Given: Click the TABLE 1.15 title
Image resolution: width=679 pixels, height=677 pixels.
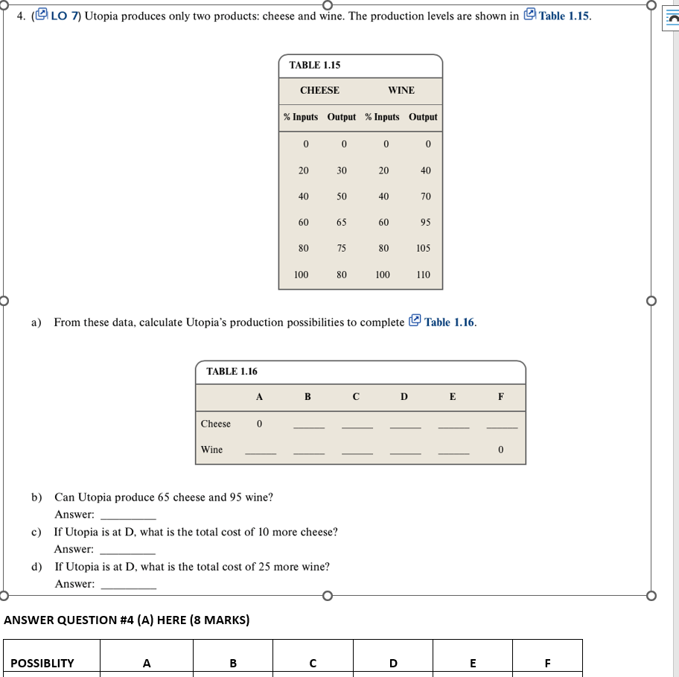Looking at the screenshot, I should point(314,66).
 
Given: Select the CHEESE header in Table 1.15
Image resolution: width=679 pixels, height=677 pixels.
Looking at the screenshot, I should point(319,90).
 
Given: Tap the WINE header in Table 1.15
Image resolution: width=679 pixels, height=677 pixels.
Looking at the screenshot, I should point(401,90).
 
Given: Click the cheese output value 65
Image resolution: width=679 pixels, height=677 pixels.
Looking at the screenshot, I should point(341,223).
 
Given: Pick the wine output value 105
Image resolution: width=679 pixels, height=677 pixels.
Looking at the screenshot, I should point(423,249).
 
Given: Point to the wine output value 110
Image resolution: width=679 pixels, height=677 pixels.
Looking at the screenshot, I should point(423,275).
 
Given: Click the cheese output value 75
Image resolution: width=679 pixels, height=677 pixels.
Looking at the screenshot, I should point(341,249).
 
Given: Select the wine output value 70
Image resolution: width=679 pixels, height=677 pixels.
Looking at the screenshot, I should point(425,197).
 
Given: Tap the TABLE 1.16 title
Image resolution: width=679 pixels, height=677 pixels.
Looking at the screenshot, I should point(232,372).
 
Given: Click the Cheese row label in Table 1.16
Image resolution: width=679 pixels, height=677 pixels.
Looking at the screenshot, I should point(216,424).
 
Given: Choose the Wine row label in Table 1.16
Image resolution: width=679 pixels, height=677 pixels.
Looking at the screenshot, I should point(212,450).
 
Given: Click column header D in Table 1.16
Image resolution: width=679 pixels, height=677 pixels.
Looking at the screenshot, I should point(404,397).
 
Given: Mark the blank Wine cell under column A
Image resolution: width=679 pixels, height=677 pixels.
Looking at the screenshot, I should point(260,452).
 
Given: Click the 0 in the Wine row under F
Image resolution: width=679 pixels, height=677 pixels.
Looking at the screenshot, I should point(501,450).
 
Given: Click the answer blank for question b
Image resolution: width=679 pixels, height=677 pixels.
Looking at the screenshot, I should point(127,516).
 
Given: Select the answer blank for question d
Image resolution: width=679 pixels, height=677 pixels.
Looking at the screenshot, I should point(127,585).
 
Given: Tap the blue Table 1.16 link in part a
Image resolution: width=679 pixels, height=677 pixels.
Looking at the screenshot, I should point(449,322).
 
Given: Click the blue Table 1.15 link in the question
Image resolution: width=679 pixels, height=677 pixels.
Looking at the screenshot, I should point(564,16).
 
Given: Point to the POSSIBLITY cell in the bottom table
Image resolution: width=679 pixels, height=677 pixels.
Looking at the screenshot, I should point(42,662).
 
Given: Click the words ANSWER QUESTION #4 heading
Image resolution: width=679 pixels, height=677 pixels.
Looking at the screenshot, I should point(127,620).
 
